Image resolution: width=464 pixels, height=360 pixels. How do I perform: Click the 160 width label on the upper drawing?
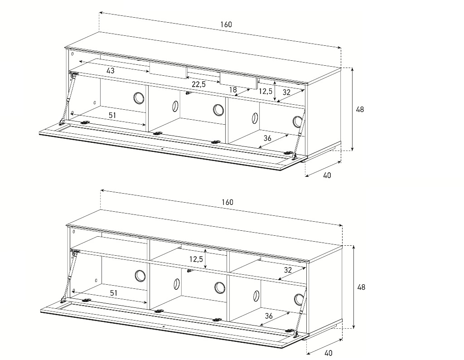(x=226, y=24)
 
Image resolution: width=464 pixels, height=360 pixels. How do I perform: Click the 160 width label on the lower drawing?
(x=227, y=202)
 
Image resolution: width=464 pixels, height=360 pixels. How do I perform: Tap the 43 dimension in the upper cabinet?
(x=111, y=71)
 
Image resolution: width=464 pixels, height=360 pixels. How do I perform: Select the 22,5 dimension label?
(x=198, y=84)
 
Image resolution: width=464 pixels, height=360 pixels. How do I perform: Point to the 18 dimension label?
(x=233, y=89)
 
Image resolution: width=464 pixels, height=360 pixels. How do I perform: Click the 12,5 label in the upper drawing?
(x=266, y=91)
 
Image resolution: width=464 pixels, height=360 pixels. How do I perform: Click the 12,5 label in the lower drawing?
(x=196, y=259)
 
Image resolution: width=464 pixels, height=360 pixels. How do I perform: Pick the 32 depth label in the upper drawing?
(x=286, y=92)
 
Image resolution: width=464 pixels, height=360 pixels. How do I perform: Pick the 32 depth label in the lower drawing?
(x=288, y=270)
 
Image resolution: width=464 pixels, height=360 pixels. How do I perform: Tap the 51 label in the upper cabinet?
(x=112, y=115)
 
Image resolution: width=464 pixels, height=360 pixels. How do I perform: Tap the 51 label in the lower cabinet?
(x=114, y=293)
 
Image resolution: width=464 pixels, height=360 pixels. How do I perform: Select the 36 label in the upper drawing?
(x=267, y=138)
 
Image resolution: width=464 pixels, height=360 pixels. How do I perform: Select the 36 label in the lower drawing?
(x=268, y=316)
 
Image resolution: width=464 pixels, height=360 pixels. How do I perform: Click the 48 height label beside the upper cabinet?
(x=360, y=110)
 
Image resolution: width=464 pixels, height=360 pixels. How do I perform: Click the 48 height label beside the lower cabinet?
(x=361, y=287)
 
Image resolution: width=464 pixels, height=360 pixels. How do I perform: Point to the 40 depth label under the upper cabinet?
(x=327, y=175)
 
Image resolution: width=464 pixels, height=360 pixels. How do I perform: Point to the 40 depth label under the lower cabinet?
(x=328, y=353)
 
